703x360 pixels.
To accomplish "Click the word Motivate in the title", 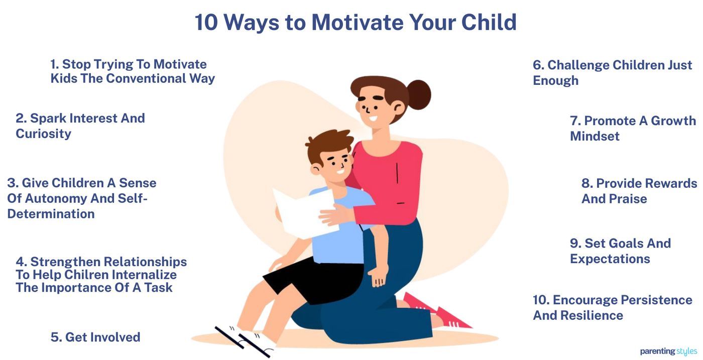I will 357,22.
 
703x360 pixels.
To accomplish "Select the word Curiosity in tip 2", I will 43,134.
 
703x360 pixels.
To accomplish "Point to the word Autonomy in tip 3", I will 55,198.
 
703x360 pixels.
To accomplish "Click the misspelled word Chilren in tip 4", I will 83,275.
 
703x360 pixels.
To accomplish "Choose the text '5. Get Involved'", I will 95,337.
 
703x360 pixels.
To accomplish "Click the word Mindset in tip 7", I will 595,137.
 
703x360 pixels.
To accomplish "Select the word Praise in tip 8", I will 627,199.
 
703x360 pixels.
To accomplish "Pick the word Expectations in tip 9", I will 610,259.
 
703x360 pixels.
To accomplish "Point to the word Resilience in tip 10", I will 592,316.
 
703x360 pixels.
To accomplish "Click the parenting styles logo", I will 668,351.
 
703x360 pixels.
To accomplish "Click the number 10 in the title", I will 205,22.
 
